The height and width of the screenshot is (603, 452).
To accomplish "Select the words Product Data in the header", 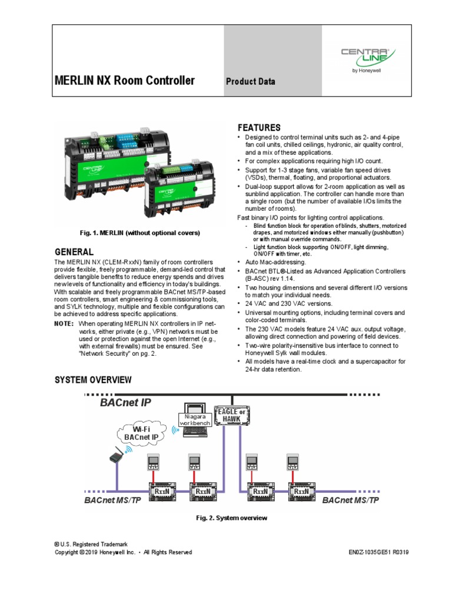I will [251, 81].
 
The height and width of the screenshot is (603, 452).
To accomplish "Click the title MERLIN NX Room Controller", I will [124, 81].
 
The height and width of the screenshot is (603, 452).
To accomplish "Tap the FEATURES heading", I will [259, 128].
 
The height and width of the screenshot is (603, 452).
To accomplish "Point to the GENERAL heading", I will [74, 251].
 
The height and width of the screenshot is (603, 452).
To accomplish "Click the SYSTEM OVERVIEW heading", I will [93, 379].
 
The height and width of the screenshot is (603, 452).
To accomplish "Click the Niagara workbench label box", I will [194, 420].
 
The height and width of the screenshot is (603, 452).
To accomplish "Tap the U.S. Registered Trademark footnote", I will [91, 545].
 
